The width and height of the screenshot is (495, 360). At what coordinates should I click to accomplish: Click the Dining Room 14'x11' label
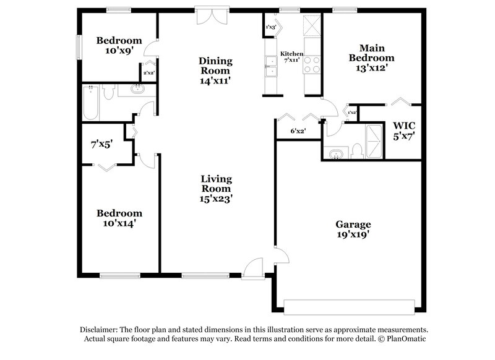(215, 70)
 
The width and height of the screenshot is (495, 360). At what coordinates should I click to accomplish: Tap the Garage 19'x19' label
(353, 229)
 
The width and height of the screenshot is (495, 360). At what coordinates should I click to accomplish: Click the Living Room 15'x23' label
(216, 189)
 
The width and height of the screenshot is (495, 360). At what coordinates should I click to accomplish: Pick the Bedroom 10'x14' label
(119, 218)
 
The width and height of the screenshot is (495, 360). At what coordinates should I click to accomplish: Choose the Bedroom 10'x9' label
(119, 46)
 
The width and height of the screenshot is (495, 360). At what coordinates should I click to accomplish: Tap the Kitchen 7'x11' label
(291, 58)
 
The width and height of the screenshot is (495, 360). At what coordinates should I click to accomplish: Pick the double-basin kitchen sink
(270, 66)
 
